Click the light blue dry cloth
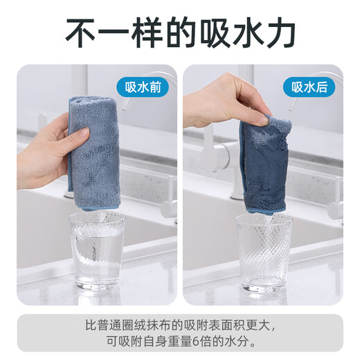(96, 152)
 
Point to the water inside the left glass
(98, 267)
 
